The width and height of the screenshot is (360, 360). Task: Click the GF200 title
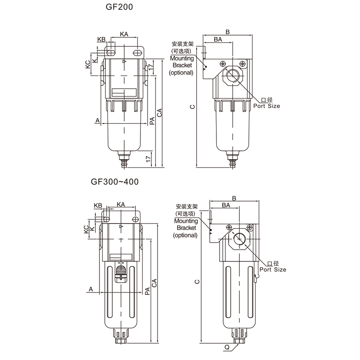click(x=119, y=7)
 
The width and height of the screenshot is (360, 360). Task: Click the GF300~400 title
click(x=115, y=182)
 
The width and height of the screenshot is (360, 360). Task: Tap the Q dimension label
click(x=227, y=347)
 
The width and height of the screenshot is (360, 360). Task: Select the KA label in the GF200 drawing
click(x=124, y=34)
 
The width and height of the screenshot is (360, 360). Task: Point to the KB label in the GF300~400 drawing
click(x=98, y=206)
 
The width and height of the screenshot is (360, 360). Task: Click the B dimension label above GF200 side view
click(x=228, y=32)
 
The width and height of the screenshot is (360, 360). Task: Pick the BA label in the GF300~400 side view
click(x=226, y=205)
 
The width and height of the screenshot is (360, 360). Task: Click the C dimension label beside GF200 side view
click(x=193, y=107)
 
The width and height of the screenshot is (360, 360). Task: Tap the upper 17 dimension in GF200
click(x=150, y=67)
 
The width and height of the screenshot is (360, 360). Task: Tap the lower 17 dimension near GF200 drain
click(x=148, y=158)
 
